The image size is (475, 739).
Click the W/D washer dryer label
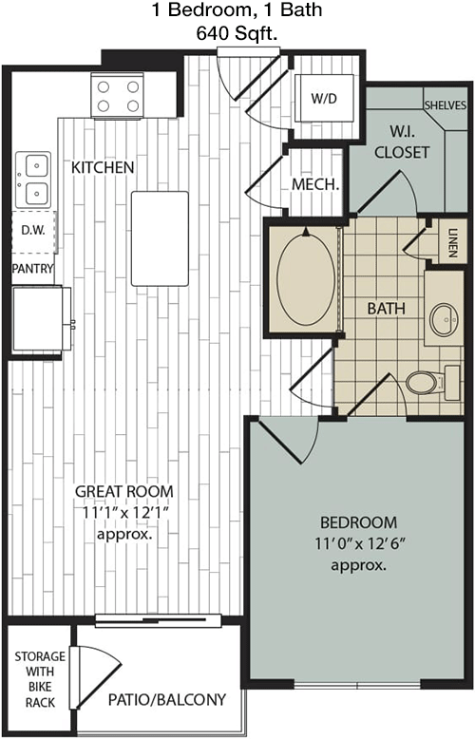click(325, 99)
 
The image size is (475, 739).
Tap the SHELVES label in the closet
click(446, 104)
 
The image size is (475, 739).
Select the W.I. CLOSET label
click(402, 142)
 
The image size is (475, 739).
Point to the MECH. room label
click(315, 184)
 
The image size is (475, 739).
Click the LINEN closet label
click(452, 243)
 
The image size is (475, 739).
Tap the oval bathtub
click(306, 279)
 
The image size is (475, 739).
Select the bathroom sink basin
click(445, 319)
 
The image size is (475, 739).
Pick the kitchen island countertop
click(160, 238)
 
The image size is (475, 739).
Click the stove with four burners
click(118, 95)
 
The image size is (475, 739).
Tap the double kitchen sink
click(33, 180)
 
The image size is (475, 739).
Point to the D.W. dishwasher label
click(33, 230)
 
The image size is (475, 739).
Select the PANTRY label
click(32, 269)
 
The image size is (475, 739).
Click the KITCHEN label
click(103, 167)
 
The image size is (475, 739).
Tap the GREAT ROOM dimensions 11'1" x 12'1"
click(124, 513)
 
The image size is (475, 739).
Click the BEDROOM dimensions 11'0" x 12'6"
click(360, 544)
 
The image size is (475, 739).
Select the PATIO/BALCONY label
click(167, 700)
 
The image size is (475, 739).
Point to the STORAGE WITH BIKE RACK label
click(40, 679)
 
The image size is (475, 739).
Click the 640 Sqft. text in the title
click(237, 33)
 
